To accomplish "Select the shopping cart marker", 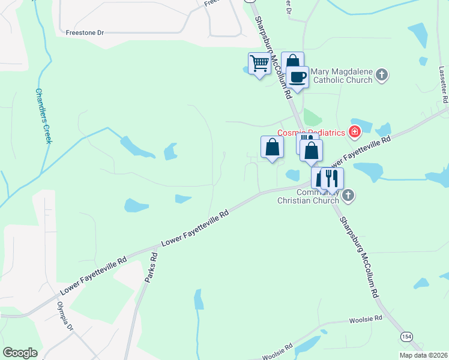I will click(259, 64).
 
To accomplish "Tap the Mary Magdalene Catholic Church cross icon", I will click(382, 76).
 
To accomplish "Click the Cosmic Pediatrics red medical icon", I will click(355, 131).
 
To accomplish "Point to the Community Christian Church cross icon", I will click(348, 195).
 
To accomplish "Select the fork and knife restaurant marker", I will click(331, 178).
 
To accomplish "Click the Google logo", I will click(20, 353).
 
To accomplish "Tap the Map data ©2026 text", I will click(423, 355).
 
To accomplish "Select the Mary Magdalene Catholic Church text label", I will click(342, 76).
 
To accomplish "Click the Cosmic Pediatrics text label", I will click(311, 133).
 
